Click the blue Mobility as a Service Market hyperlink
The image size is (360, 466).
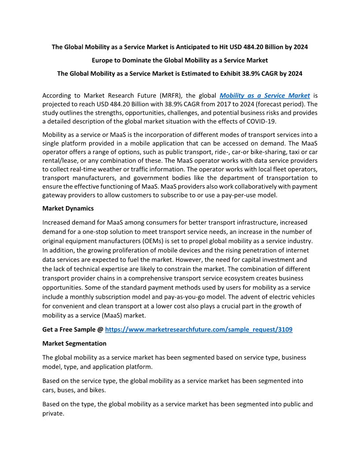[x=265, y=95]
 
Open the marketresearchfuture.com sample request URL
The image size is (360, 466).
[x=199, y=329]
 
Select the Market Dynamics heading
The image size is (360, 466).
[x=68, y=208]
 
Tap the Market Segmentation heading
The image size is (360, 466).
[x=74, y=343]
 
